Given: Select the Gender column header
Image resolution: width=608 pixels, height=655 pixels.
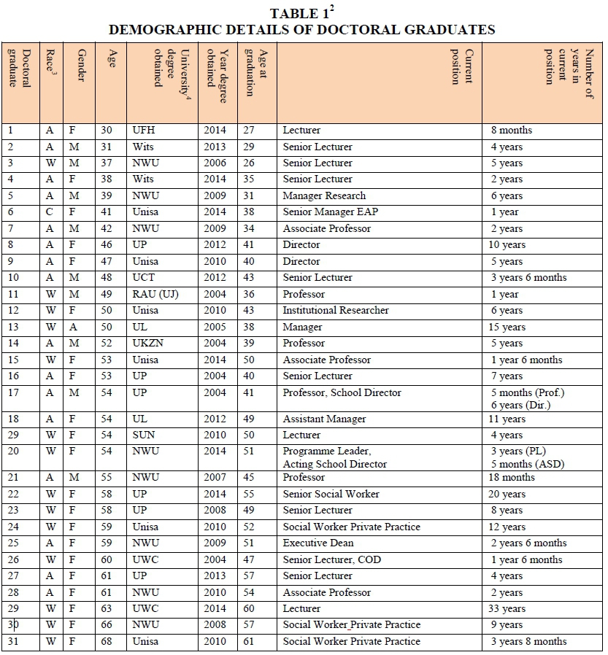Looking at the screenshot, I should (80, 66).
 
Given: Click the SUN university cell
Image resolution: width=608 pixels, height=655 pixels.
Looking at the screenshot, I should (144, 435).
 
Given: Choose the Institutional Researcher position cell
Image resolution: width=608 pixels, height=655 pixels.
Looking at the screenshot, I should (336, 311).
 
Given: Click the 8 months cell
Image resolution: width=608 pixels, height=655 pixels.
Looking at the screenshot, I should (512, 131).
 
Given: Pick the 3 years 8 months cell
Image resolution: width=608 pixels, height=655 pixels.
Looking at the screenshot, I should (528, 642).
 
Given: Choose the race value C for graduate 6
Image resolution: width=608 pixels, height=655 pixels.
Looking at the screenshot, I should (50, 212).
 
